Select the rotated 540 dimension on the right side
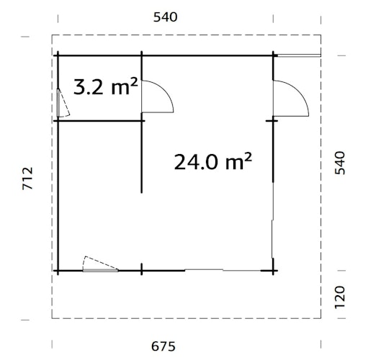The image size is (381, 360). click(341, 163)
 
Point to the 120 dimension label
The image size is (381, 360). click(341, 294)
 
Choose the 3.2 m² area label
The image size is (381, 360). click(106, 88)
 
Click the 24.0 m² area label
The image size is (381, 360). click(212, 161)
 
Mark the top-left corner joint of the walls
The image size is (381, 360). click(58, 55)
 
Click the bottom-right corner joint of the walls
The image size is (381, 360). click(274, 271)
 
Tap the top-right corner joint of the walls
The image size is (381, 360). click(274, 55)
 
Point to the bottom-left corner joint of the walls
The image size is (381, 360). click(58, 271)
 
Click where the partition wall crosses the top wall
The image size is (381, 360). click(142, 55)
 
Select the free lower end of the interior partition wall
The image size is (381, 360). click(142, 192)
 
